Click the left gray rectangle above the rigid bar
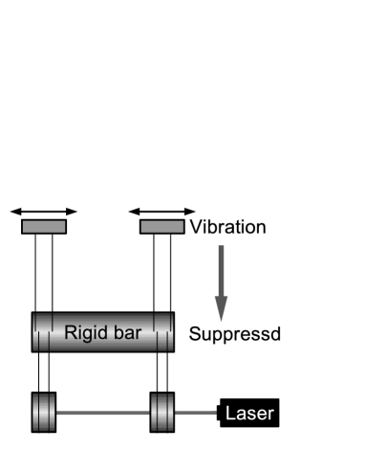coord(44,227)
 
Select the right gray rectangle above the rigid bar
coord(162,227)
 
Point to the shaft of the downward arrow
coord(221,273)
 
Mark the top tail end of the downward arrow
coord(221,247)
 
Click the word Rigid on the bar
coord(84,334)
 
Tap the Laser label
coord(249,415)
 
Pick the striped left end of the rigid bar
coord(42,332)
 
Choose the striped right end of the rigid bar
coord(163,332)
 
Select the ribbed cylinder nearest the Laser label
coord(162,413)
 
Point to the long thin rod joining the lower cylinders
coord(103,413)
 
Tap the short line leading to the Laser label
coord(196,413)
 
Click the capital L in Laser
coord(229,415)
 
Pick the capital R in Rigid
coord(70,334)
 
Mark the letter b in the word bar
coord(118,334)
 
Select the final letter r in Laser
coord(271,416)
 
